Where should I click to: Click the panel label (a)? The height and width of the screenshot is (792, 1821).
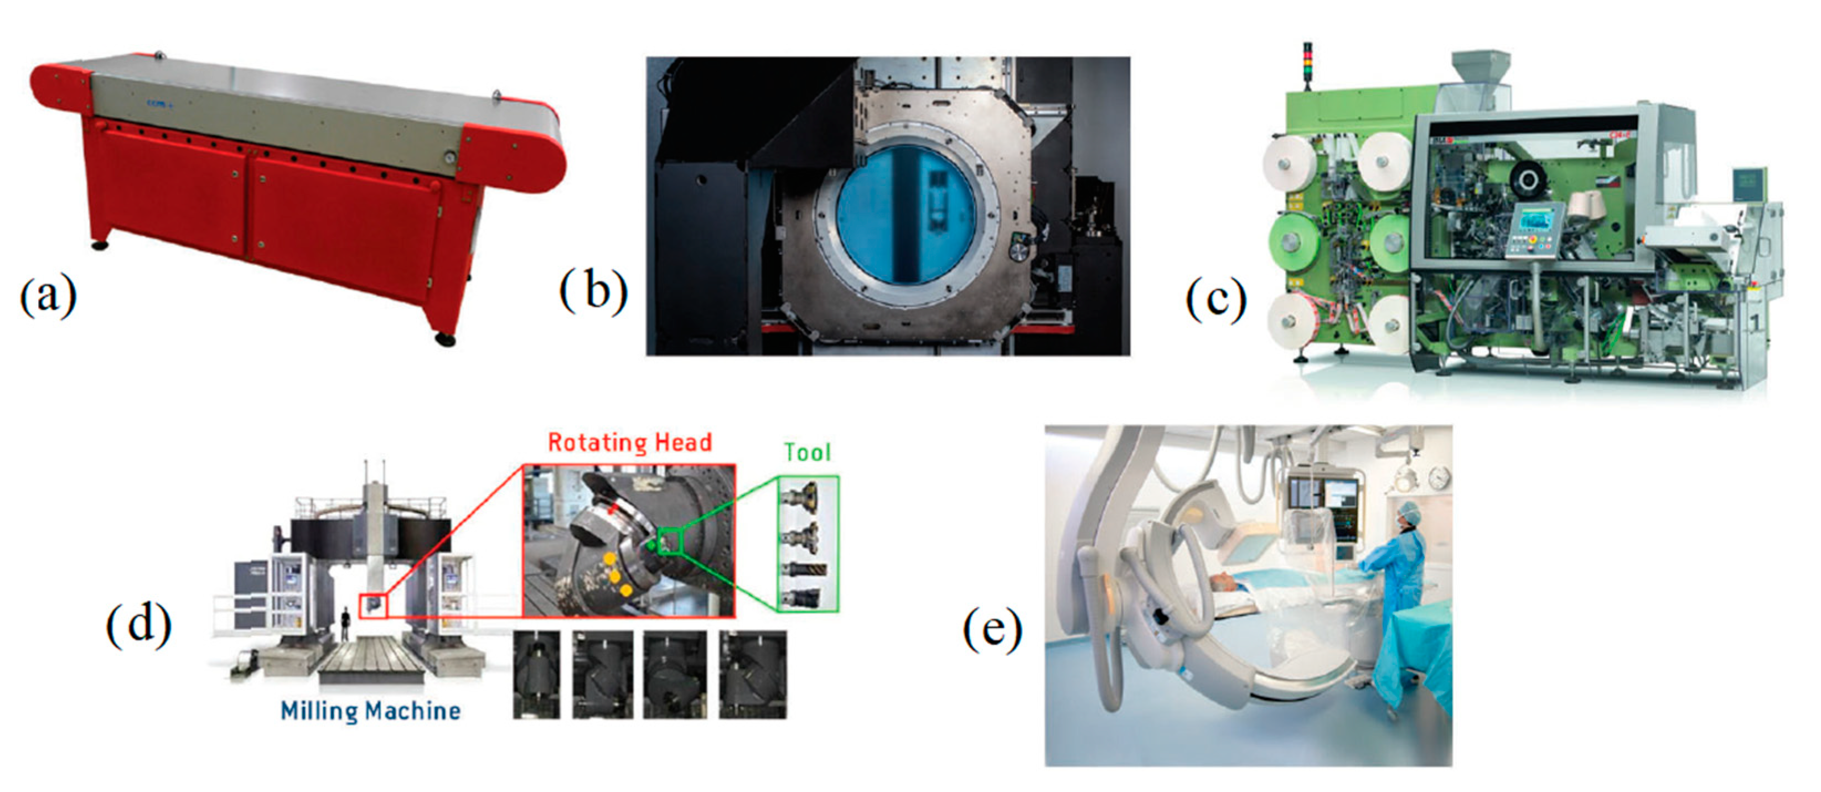48,296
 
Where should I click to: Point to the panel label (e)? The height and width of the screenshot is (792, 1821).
992,629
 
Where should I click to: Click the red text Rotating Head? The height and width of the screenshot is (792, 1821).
630,443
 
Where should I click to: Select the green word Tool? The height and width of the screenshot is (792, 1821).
808,452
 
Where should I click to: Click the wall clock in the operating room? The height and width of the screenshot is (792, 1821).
1438,479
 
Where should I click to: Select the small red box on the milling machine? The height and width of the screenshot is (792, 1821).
373,605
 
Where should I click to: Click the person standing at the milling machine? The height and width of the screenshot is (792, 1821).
346,624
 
